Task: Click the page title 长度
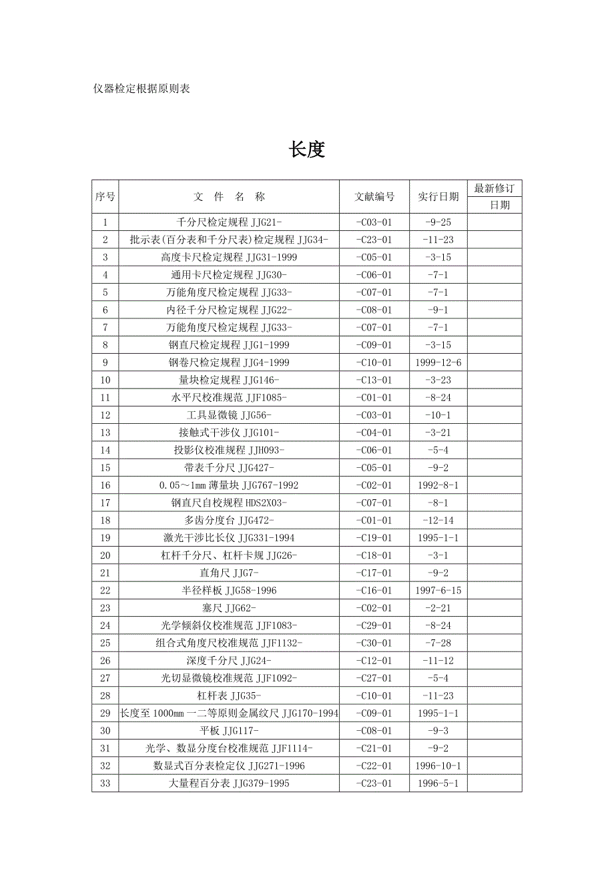(x=306, y=150)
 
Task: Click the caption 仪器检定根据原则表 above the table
(x=142, y=89)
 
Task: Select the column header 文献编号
(x=374, y=197)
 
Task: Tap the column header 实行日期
(x=438, y=197)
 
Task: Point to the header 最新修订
(x=495, y=189)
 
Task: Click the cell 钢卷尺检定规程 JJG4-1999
(x=229, y=362)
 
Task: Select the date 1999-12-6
(x=438, y=362)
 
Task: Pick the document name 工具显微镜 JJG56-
(x=229, y=415)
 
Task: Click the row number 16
(x=105, y=485)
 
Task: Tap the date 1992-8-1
(x=438, y=485)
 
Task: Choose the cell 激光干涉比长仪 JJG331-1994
(x=229, y=538)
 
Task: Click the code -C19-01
(x=374, y=538)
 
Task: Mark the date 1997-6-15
(x=438, y=591)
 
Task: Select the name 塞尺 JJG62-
(x=229, y=608)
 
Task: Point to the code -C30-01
(x=374, y=643)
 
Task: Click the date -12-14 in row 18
(x=438, y=521)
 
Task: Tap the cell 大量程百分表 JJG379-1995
(x=229, y=784)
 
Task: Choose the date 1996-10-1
(x=438, y=766)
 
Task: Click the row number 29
(x=105, y=713)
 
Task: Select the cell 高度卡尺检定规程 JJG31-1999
(x=229, y=257)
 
